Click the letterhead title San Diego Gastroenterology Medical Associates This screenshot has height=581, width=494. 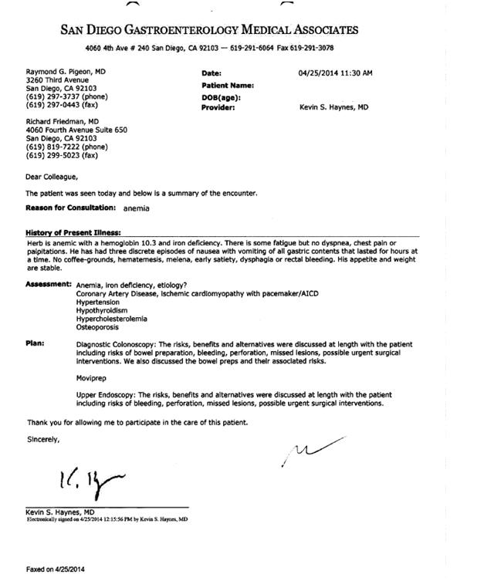click(x=209, y=30)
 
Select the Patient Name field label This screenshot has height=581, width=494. click(x=228, y=86)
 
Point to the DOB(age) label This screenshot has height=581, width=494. click(x=222, y=98)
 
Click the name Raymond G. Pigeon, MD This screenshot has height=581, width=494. click(x=66, y=71)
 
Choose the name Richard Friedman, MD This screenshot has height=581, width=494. click(x=63, y=122)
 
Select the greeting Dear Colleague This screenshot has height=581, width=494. click(x=52, y=177)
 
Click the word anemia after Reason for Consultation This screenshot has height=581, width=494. click(x=136, y=208)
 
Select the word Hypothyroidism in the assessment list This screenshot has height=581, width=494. click(x=102, y=310)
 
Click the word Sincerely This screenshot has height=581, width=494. click(x=43, y=440)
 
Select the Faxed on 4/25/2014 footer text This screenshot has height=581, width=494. click(x=56, y=569)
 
